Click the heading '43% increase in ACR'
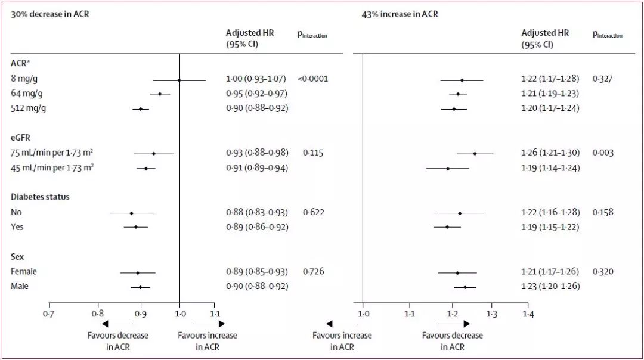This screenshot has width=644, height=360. [x=400, y=13]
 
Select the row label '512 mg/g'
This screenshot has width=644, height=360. [x=28, y=108]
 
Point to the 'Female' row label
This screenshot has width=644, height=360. [x=24, y=272]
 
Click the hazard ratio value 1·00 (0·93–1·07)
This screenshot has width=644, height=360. [x=256, y=79]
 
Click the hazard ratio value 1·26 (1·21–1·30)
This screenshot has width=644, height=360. [x=550, y=153]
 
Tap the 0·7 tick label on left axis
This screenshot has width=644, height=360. [x=48, y=313]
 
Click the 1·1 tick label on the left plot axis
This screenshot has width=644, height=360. [x=215, y=313]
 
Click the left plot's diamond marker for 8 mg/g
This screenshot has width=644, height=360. [x=179, y=79]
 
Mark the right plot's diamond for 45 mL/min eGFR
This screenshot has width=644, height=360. [x=448, y=169]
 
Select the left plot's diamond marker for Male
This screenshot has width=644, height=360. [x=140, y=287]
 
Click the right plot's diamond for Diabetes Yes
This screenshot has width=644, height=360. [x=447, y=227]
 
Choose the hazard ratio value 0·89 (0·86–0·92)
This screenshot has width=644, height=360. [x=256, y=227]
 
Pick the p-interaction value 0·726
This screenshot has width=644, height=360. [x=312, y=272]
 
